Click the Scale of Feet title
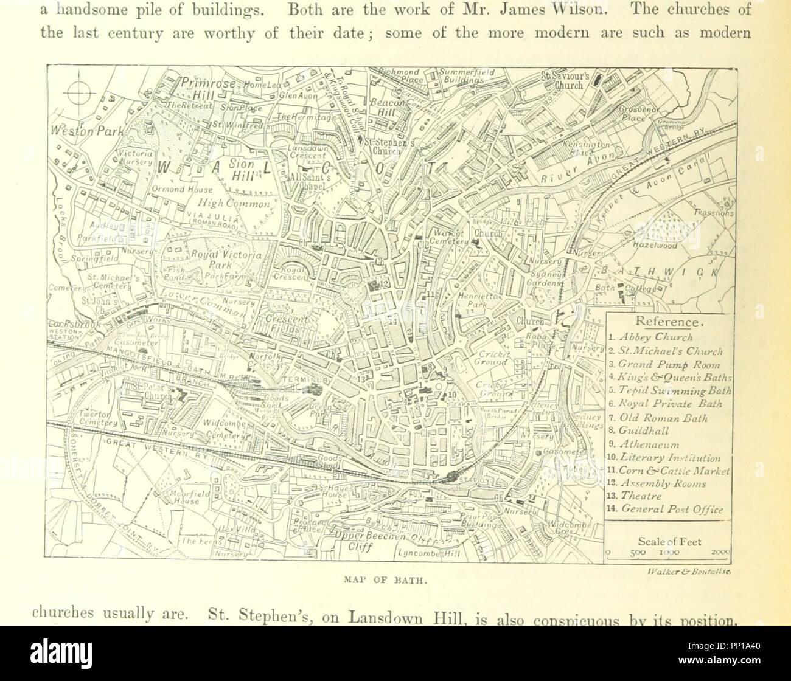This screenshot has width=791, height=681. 669,541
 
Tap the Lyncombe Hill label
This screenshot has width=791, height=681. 428,553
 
